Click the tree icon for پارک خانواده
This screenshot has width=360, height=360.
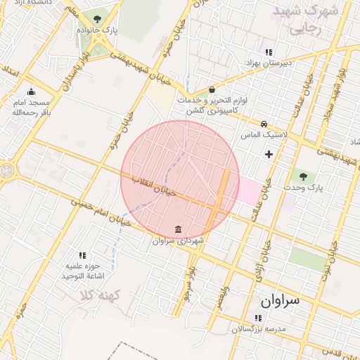point(97,20)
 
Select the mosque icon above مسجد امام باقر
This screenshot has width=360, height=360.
point(31,91)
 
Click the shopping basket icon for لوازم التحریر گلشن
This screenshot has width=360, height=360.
point(212,89)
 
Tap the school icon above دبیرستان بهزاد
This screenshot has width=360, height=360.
point(267,51)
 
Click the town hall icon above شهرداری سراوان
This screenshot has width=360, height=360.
point(177,229)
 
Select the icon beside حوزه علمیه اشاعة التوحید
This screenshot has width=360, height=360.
point(82,255)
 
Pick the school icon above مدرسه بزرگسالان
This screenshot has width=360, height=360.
point(251,317)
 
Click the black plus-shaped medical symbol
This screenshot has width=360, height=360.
point(268,154)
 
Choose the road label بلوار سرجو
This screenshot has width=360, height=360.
point(188,278)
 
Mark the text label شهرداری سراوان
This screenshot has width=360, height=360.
point(178,241)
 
